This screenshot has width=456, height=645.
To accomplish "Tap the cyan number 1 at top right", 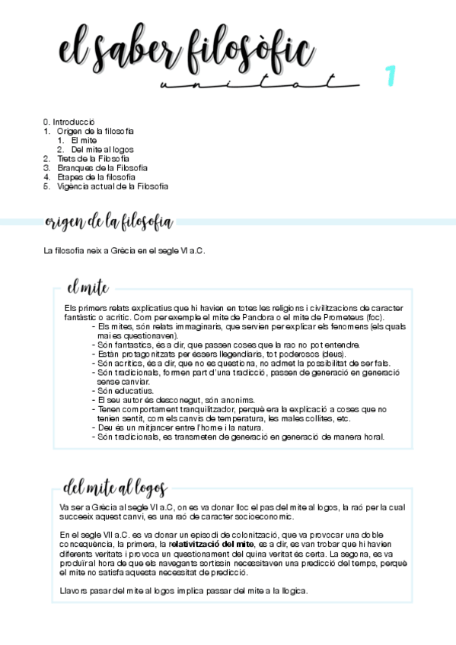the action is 391,76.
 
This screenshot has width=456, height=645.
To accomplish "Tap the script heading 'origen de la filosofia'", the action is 109,222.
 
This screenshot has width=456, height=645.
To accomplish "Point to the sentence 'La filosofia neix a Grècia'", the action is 125,250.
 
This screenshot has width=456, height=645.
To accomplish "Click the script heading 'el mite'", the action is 88,288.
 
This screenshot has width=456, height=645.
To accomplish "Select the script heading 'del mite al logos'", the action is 115,488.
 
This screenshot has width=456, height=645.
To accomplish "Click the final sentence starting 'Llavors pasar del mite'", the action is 183,591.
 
